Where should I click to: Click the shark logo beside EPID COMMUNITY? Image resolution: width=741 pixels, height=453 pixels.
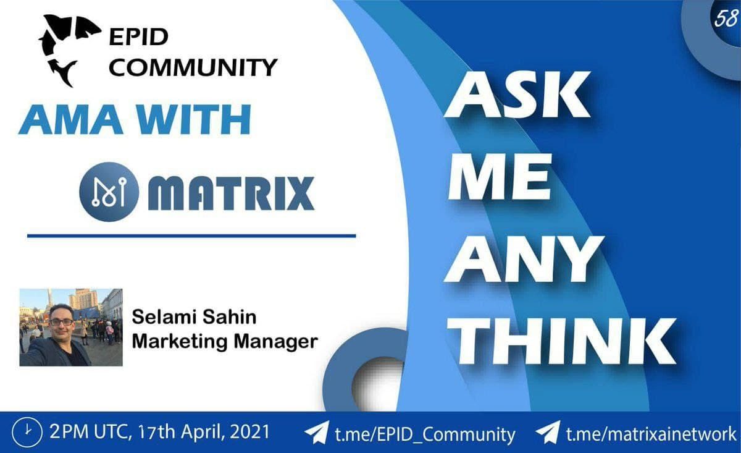[x=68, y=49]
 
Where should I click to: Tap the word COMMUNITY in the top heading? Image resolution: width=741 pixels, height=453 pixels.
[x=193, y=67]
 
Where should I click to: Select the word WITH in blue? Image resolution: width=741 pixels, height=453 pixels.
[x=194, y=119]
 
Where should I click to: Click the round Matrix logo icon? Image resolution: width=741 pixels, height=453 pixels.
[x=109, y=192]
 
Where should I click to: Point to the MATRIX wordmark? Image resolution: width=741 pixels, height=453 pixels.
[x=231, y=193]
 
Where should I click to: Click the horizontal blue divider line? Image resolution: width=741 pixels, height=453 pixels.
[x=191, y=236]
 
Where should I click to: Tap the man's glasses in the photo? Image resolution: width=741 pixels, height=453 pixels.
[x=62, y=322]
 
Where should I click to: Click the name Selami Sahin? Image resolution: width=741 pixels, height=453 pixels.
[x=194, y=317]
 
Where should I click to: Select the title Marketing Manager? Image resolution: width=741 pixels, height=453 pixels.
[x=225, y=341]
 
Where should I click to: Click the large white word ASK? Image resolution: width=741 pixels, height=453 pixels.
[x=517, y=95]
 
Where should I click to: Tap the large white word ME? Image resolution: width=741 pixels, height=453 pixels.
[x=499, y=177]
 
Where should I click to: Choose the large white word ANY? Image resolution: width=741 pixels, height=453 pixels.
[x=523, y=260]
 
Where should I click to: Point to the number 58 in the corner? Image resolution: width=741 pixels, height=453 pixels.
[x=726, y=19]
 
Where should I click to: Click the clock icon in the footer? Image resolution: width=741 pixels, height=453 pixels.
[x=27, y=433]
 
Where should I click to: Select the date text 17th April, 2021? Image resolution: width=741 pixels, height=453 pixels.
[x=204, y=432]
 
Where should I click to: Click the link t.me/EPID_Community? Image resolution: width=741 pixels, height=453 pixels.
[x=425, y=434]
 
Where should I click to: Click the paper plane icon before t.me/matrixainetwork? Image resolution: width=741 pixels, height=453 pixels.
[x=548, y=433]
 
